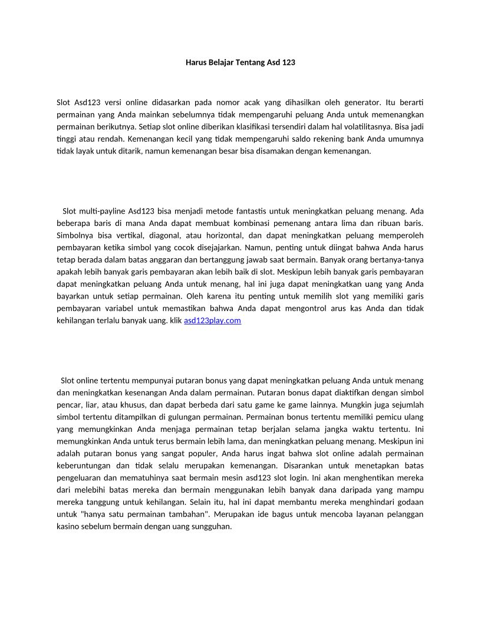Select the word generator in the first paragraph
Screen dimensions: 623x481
[360, 101]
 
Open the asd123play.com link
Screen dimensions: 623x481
[212, 320]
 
